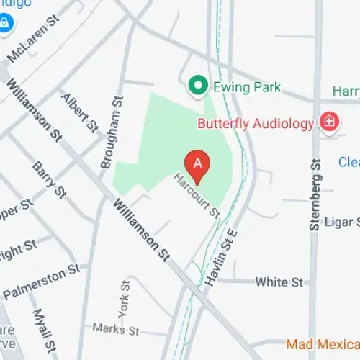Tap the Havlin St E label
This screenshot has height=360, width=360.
(220, 248)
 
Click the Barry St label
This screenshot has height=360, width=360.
(50, 180)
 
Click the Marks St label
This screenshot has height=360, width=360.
(115, 330)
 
